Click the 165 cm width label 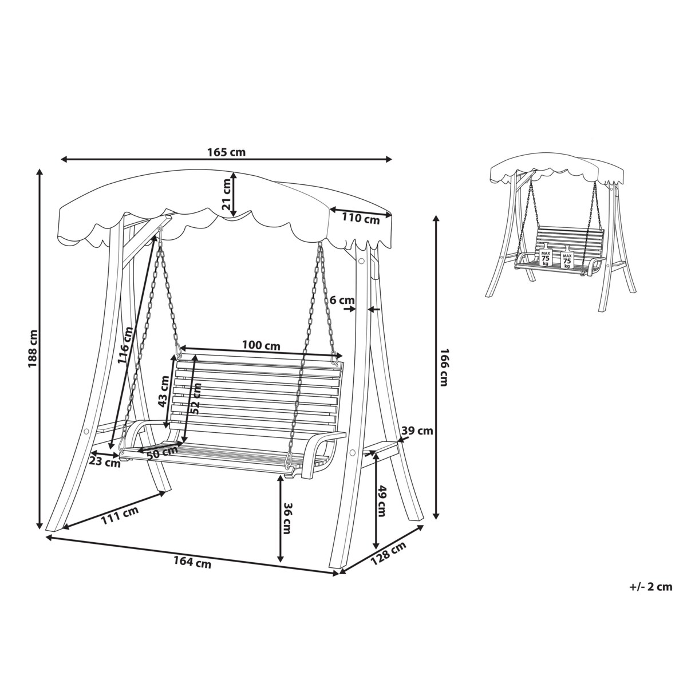point(226,152)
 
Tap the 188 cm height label point(33,349)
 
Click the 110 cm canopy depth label point(361,218)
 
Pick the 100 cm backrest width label point(261,345)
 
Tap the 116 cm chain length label point(125,345)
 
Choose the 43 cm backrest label point(164,392)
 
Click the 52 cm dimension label point(195,398)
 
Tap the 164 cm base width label point(192,563)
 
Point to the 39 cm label point(417,431)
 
